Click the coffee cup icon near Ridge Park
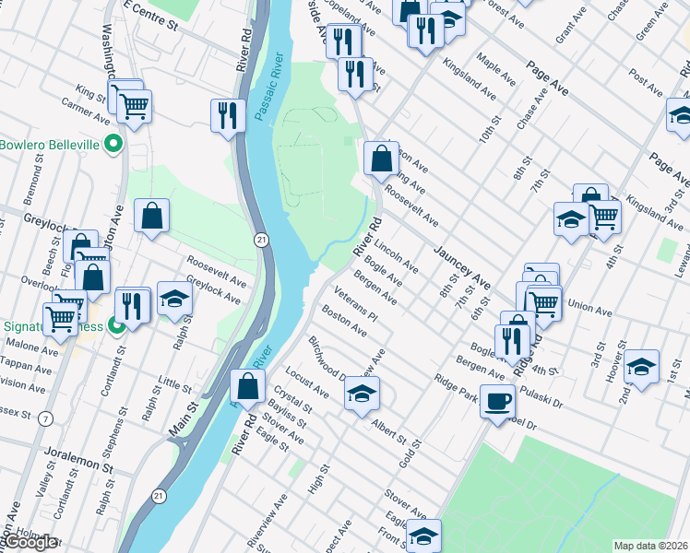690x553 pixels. [498, 402]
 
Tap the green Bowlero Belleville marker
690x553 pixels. [113, 144]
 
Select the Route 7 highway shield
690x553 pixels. [45, 419]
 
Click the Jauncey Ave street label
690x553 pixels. [464, 261]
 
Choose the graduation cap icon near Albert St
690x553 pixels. [362, 394]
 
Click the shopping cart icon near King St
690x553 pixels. [134, 107]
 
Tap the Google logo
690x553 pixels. [30, 542]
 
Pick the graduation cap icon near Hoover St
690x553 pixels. [641, 366]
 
